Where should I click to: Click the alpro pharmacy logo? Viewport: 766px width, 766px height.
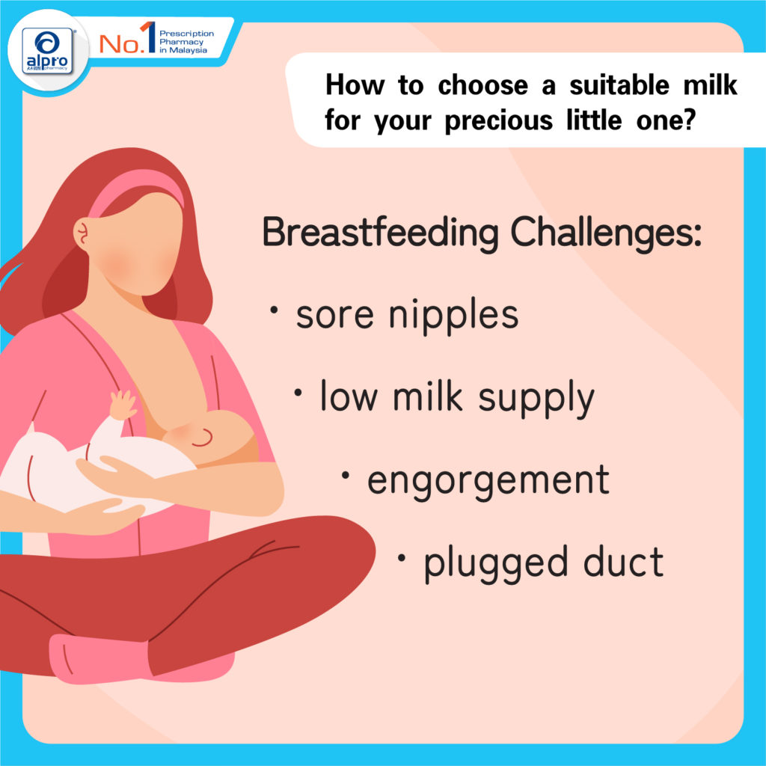(47, 51)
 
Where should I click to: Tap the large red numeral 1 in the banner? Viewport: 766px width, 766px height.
(149, 37)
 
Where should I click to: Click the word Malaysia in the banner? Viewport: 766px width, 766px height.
(188, 50)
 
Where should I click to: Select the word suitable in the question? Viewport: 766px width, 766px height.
(619, 85)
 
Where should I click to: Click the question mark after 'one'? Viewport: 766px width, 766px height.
(689, 120)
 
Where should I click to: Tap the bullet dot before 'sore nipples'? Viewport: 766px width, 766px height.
(274, 310)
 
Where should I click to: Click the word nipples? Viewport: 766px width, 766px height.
(453, 316)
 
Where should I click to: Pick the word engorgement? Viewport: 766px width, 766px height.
(488, 481)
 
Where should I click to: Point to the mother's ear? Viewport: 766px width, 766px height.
(82, 233)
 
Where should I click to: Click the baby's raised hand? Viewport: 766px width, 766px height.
(122, 405)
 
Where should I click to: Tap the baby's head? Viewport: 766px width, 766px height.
(215, 436)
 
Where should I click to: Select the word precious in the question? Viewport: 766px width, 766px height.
(498, 120)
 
